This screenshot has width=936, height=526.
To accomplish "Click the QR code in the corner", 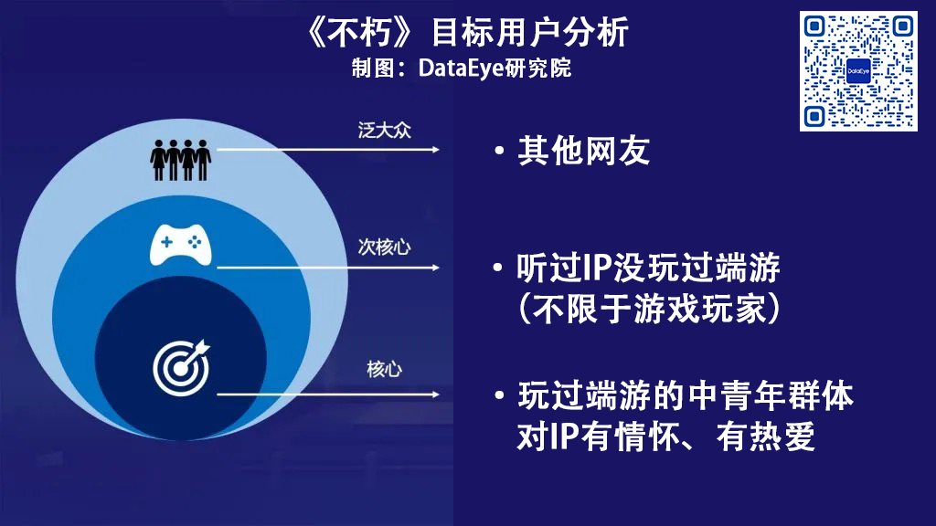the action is click(x=858, y=71).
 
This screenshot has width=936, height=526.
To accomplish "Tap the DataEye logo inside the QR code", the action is click(x=858, y=71).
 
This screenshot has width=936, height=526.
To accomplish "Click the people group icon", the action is click(x=180, y=160).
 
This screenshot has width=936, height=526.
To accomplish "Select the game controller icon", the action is click(x=180, y=245).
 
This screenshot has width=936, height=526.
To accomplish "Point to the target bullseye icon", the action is click(x=182, y=367).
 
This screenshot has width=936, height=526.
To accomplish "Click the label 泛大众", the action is click(x=385, y=130).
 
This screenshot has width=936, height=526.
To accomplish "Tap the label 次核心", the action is click(x=385, y=247).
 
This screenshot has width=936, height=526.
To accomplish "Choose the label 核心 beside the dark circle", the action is click(x=385, y=369).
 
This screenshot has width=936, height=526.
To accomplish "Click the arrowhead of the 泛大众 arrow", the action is click(x=435, y=150).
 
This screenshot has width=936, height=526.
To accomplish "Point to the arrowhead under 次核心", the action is click(x=435, y=268).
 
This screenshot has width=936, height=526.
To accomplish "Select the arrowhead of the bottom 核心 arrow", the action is click(x=435, y=394).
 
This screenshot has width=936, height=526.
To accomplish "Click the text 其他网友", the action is click(x=583, y=151).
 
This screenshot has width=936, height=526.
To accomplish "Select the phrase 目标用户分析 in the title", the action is click(x=530, y=32).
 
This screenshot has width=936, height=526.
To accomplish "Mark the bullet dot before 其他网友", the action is click(x=500, y=151).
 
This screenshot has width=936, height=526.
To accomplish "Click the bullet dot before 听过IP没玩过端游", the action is click(x=498, y=268).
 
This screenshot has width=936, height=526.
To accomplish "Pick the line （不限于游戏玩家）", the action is click(x=649, y=309).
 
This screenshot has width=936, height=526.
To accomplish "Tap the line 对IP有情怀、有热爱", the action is click(x=666, y=437).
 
